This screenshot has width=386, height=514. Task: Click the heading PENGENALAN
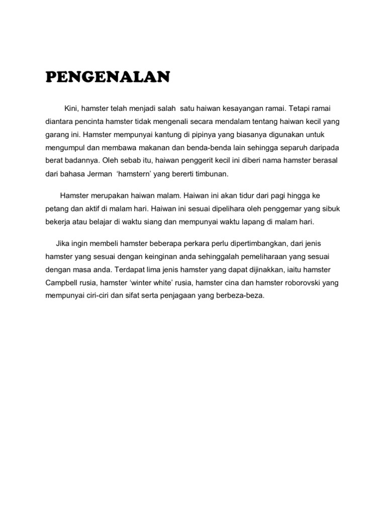108,78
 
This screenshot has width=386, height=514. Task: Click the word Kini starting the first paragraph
71,109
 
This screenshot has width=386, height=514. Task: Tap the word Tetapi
301,109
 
